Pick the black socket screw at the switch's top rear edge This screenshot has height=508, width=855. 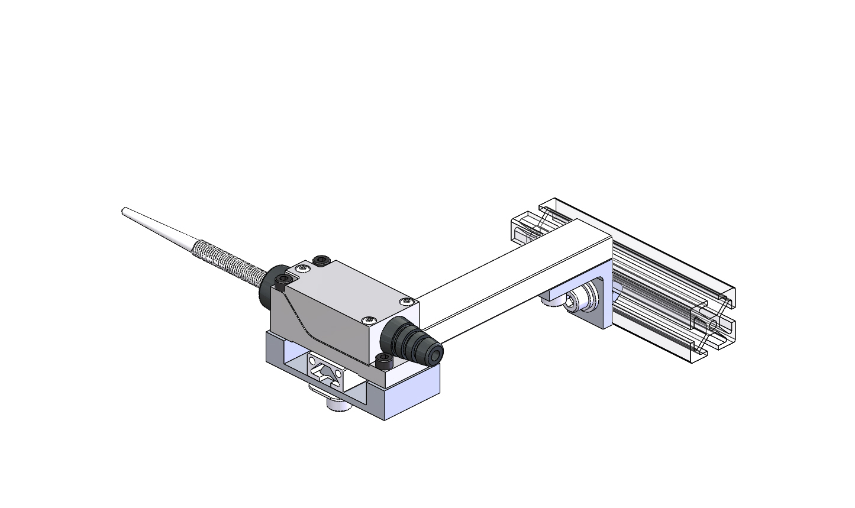click(x=321, y=260)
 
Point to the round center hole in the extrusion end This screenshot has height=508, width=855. click(x=712, y=325)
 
